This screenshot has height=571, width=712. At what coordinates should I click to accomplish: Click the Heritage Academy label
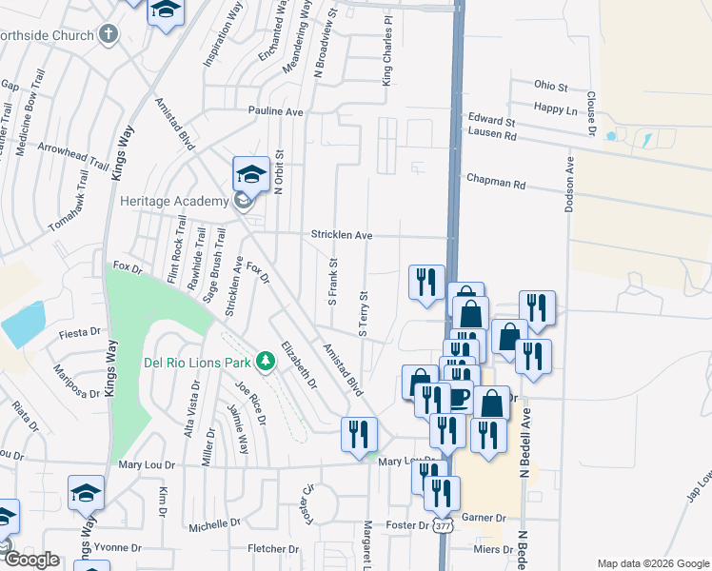tap(174, 201)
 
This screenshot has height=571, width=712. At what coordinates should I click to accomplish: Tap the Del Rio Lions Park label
tap(198, 361)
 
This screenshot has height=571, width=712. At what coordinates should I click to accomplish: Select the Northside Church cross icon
tap(109, 35)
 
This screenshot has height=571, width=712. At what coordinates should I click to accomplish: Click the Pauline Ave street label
tap(275, 111)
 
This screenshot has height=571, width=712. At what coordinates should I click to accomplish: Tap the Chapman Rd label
tap(495, 179)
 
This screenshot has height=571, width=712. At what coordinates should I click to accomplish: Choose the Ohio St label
tap(550, 85)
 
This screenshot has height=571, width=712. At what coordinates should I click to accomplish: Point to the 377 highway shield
tap(443, 524)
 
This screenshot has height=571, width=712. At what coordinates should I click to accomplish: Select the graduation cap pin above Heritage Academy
tap(250, 173)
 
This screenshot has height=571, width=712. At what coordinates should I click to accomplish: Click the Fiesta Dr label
tap(79, 333)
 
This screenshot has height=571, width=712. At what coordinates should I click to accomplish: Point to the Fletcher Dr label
tap(273, 548)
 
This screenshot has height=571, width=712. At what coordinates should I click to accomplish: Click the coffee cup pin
tap(457, 396)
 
